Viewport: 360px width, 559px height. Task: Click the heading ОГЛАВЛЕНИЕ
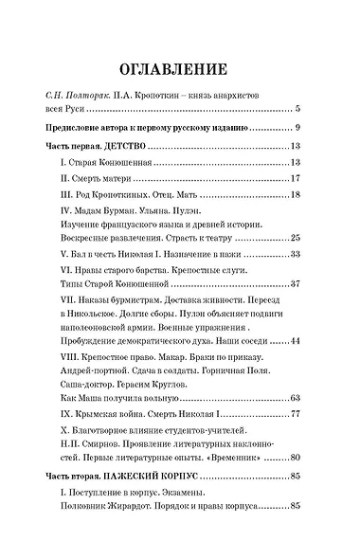179,70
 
